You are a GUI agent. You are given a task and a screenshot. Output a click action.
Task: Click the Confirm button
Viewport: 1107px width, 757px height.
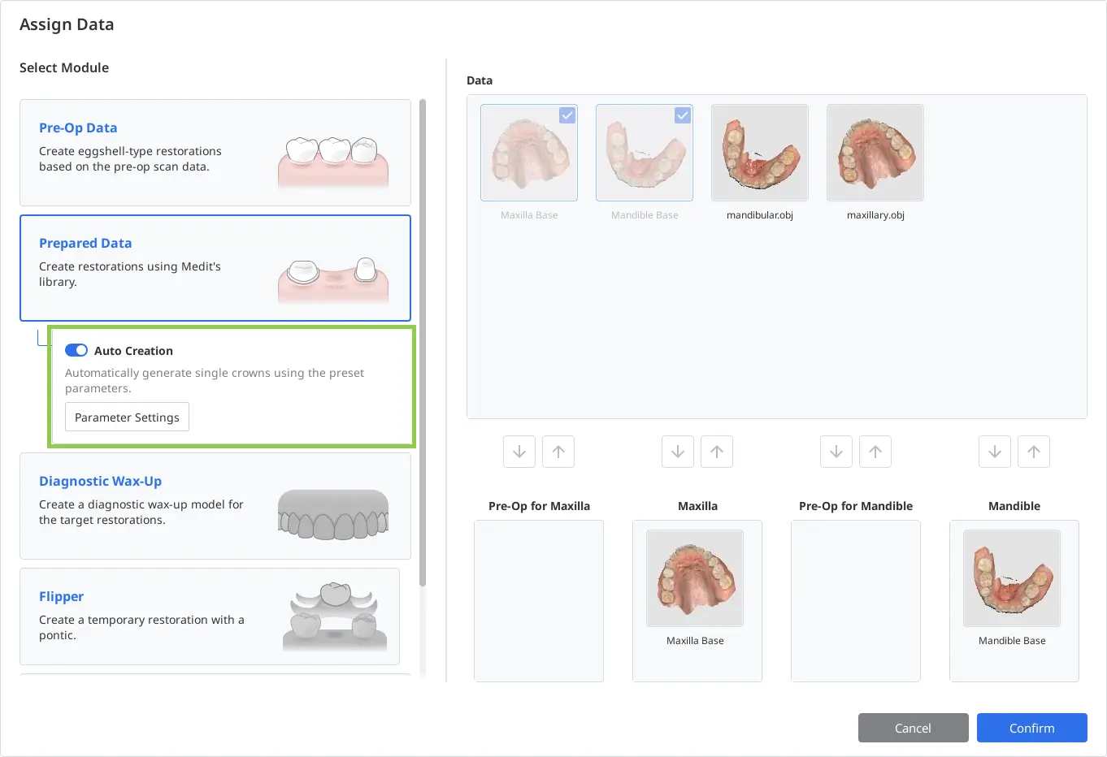[1031, 728]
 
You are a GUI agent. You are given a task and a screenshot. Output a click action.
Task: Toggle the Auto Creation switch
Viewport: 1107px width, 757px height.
[76, 350]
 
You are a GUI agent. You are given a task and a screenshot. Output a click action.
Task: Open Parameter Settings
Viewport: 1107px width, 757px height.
[127, 417]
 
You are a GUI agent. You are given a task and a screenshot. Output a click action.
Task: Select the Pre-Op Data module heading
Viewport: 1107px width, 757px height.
[78, 128]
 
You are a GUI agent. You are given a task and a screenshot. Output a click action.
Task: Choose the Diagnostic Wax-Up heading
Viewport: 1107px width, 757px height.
[100, 481]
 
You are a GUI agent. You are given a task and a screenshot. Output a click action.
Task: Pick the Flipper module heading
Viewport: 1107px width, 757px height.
[61, 596]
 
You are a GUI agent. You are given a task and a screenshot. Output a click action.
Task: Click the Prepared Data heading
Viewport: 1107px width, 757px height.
[85, 243]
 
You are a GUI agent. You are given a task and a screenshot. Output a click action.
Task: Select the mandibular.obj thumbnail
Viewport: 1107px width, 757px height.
[760, 153]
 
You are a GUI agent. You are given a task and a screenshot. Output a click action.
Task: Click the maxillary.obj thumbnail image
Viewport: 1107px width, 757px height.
[875, 153]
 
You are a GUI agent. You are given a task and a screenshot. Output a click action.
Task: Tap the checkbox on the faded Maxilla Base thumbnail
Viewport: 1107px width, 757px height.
[567, 115]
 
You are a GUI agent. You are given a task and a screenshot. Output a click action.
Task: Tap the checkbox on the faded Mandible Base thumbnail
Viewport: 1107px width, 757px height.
[683, 115]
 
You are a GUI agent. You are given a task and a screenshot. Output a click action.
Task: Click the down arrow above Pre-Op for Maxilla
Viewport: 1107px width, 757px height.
[519, 452]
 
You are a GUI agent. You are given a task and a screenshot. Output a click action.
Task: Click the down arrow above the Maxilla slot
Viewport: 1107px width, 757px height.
[678, 452]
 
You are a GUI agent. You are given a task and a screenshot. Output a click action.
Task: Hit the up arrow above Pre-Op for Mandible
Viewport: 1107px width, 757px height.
[875, 452]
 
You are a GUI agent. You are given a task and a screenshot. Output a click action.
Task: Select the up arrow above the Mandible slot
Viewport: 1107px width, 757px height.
[1033, 452]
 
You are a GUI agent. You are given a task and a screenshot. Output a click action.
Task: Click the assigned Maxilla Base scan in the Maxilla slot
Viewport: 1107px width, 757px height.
[695, 578]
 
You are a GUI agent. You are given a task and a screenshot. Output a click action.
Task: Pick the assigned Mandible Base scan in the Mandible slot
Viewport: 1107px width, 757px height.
[1012, 578]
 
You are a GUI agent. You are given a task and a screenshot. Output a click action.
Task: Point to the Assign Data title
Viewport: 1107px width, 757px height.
[67, 24]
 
